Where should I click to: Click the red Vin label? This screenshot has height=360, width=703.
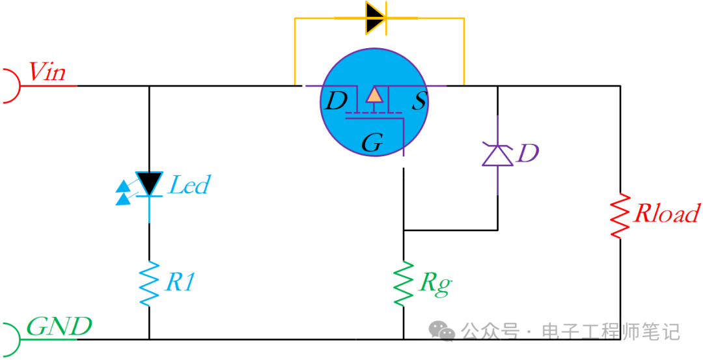click(48, 72)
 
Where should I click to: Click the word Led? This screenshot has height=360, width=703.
click(189, 186)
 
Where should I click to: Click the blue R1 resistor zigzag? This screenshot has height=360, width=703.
click(150, 284)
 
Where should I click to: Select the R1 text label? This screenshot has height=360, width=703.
click(180, 282)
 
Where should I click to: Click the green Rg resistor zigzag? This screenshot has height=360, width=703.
click(404, 284)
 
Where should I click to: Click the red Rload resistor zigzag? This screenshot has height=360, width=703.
click(620, 215)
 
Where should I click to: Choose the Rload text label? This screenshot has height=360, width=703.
click(667, 214)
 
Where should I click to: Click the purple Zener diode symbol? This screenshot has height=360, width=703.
click(497, 155)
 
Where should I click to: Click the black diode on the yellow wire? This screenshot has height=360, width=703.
click(376, 18)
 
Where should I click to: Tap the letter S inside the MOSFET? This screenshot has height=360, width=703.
click(419, 102)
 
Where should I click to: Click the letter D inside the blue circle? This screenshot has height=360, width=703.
click(336, 102)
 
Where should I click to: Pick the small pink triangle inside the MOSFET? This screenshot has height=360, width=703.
click(374, 95)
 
